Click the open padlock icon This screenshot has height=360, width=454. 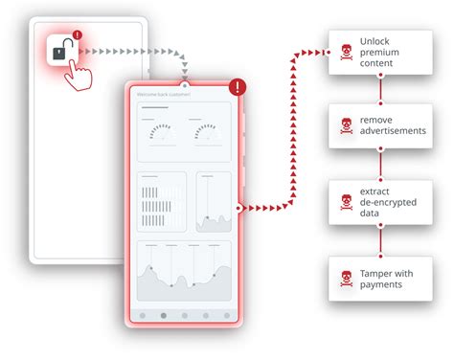point(60,52)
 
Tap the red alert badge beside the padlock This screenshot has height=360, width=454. point(78,36)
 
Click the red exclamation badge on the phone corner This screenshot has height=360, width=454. point(238,88)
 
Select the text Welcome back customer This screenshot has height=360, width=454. point(164,95)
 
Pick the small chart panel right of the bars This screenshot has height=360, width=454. point(214,202)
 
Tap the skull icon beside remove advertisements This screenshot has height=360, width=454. point(345,125)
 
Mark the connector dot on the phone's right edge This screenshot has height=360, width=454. point(239,207)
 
